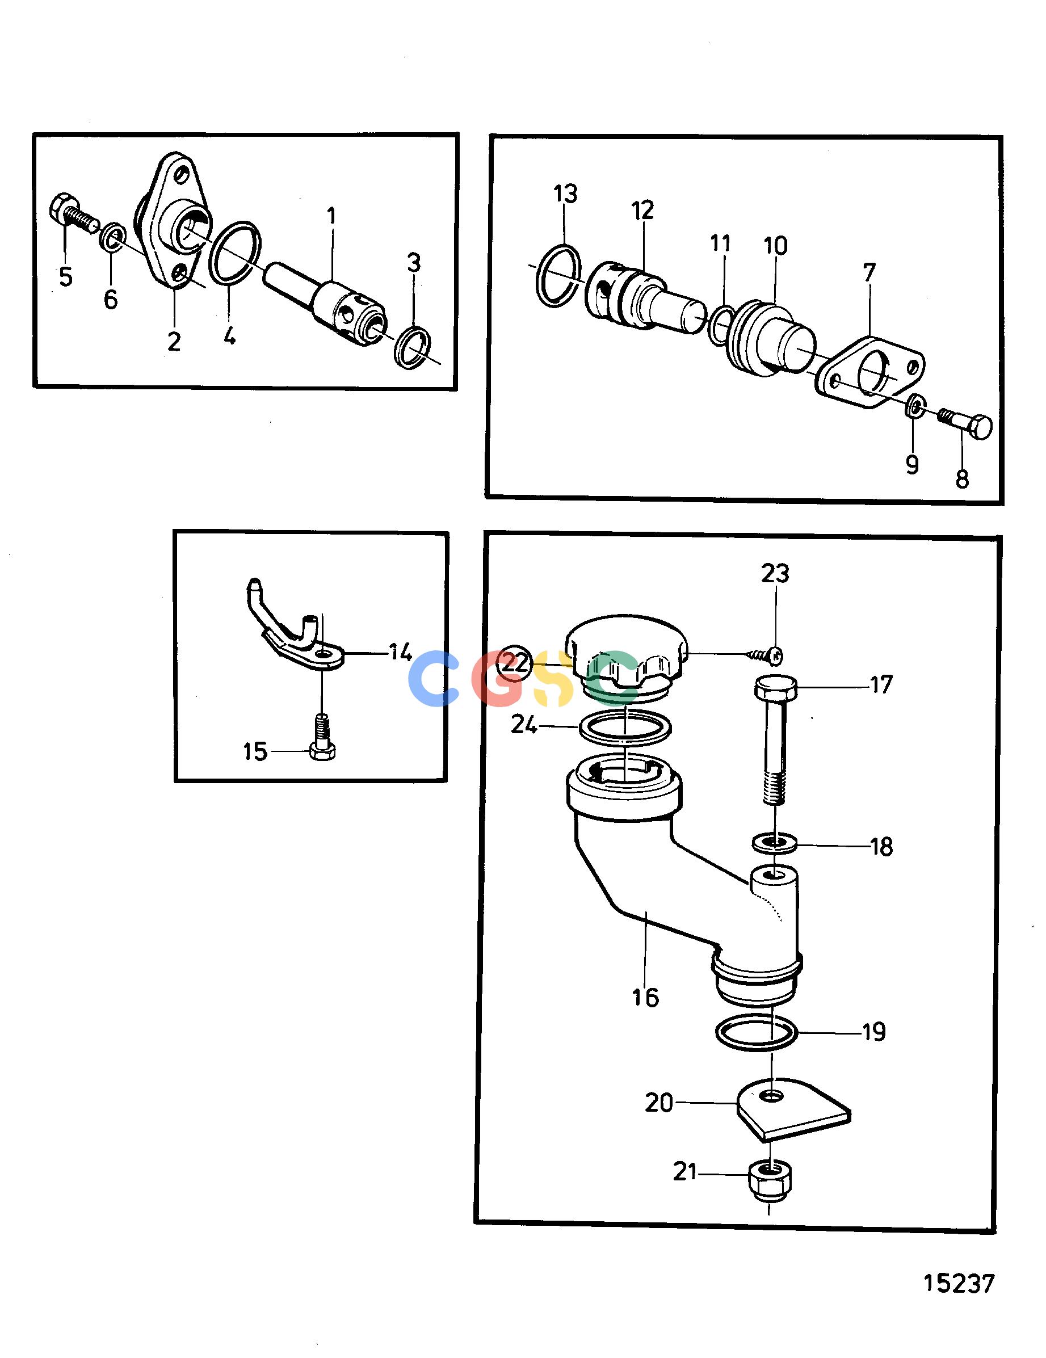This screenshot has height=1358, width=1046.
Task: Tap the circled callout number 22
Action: coord(515,663)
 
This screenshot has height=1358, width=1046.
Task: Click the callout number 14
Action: coord(401,653)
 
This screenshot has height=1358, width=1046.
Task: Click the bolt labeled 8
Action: coord(965,421)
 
